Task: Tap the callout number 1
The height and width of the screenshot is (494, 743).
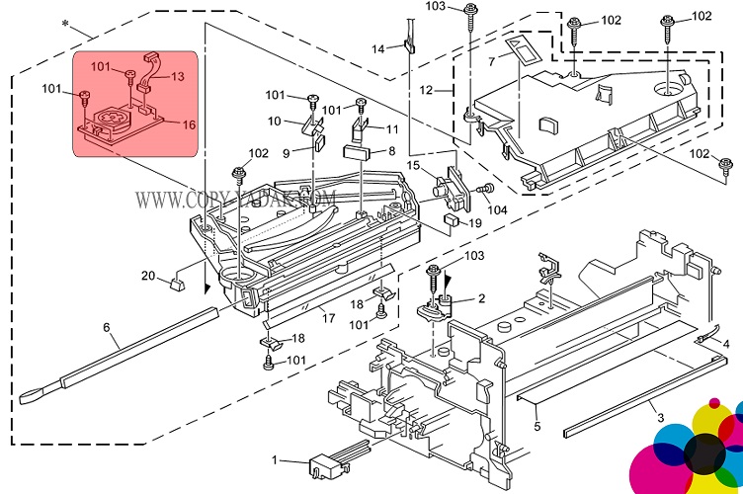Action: coord(277,459)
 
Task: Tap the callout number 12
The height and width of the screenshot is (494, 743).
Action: coord(427,90)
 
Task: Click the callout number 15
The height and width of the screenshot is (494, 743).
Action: coord(413,165)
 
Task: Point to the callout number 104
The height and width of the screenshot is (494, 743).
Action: coord(497,209)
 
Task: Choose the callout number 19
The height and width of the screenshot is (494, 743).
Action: coord(474,223)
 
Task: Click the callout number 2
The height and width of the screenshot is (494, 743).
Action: coord(481,298)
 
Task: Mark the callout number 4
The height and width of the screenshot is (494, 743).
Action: coord(726,344)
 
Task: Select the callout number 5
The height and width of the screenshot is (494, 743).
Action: coord(537,426)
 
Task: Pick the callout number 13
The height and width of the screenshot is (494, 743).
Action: coord(179,76)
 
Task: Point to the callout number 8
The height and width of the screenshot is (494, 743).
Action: coord(391,151)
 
